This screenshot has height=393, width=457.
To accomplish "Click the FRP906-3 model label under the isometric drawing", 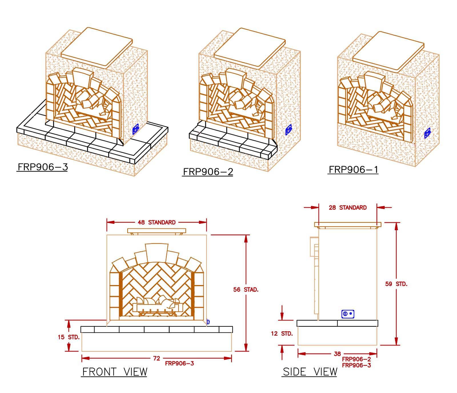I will point(43,167).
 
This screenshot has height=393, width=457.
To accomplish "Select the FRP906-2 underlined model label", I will point(208,172).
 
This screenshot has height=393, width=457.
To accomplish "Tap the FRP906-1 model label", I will point(353,170).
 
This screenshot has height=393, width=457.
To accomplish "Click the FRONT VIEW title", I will point(115,372).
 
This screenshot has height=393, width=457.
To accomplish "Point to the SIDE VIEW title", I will point(310,372).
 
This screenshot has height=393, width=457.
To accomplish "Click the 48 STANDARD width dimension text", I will point(157,222).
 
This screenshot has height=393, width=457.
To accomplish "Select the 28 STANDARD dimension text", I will point(348,208).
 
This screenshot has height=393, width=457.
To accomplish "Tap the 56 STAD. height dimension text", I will point(246,290).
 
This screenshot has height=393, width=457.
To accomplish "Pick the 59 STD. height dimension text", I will point(396,284).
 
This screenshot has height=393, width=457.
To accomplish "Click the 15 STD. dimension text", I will point(69,337).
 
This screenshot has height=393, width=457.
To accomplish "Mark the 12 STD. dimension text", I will point(282,334).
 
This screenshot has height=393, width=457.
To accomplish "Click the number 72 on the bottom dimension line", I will point(157,358).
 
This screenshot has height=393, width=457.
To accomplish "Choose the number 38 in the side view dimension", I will point(337,354).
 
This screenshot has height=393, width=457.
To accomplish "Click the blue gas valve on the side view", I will point(348,314).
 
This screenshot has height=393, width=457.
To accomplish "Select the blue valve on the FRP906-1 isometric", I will point(427,133).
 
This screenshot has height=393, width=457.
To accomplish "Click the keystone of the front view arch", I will point(157,252).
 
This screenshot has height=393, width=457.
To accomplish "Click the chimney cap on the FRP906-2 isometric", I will point(249,48).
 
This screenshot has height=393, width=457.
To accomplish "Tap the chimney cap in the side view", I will point(348,225).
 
